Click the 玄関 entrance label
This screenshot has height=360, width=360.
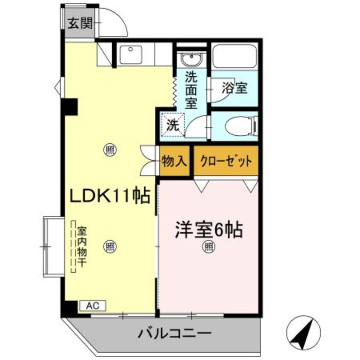point(80,23)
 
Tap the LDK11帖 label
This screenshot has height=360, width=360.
point(110,196)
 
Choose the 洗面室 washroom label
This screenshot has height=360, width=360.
point(191,91)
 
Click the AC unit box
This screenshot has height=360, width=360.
point(93,305)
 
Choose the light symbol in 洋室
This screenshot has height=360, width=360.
point(208,245)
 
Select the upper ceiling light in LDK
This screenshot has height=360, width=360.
point(110,150)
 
